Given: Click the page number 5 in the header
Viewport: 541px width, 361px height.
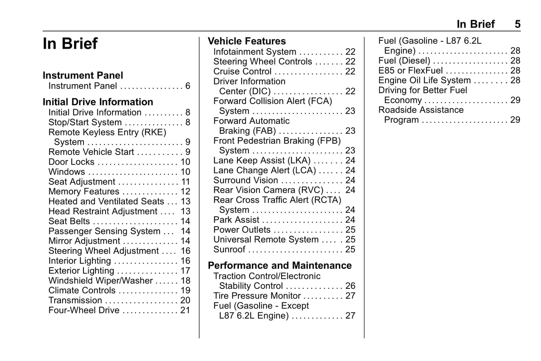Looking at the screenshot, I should (x=517, y=24).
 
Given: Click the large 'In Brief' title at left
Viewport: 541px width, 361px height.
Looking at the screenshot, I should (x=70, y=43).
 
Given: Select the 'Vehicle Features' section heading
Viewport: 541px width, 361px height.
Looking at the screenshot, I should (x=246, y=41).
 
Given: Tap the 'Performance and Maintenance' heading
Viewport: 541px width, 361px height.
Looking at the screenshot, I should (x=279, y=266).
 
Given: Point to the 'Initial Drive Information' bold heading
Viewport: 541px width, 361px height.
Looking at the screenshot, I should (x=98, y=102).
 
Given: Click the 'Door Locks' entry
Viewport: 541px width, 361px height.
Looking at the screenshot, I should (x=71, y=162).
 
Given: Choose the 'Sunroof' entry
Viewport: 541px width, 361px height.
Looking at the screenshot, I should (x=229, y=250).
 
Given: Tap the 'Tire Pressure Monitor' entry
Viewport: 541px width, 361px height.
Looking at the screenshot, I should (x=257, y=296).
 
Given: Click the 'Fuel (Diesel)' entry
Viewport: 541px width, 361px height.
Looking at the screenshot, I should (x=404, y=61).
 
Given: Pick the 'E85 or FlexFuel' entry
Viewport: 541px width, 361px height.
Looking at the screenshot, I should (x=410, y=71).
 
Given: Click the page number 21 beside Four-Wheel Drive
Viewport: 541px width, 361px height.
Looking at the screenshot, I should (x=185, y=310).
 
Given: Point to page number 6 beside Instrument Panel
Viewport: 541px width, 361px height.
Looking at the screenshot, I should (x=188, y=86).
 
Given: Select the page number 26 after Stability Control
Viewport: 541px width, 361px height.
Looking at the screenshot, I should (x=350, y=286).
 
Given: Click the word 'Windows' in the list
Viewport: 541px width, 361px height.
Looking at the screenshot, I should (x=67, y=172).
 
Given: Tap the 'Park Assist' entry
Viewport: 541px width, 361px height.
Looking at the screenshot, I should (x=236, y=220).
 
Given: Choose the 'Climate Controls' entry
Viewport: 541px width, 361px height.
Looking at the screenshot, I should (x=82, y=291).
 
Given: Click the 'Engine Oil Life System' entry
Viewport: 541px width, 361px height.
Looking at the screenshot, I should (x=424, y=80).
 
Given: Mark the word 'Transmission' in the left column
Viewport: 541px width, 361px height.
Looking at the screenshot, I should (x=75, y=300).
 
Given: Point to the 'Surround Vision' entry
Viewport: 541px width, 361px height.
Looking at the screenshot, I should (x=245, y=180).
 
